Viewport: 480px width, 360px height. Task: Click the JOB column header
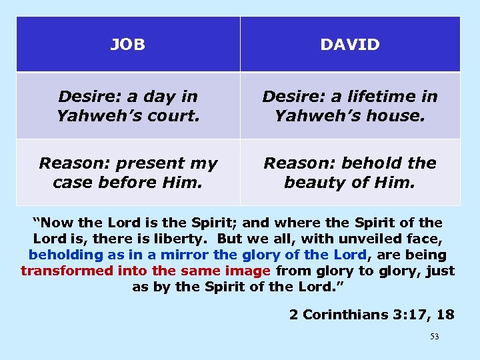[127, 45]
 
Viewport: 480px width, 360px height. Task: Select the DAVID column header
[350, 45]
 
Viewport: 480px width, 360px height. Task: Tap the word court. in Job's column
[175, 116]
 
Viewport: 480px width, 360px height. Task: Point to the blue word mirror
[185, 254]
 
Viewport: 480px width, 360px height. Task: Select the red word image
[246, 271]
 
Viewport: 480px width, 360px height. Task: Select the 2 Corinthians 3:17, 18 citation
[371, 315]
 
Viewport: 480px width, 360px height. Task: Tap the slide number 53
[435, 337]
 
